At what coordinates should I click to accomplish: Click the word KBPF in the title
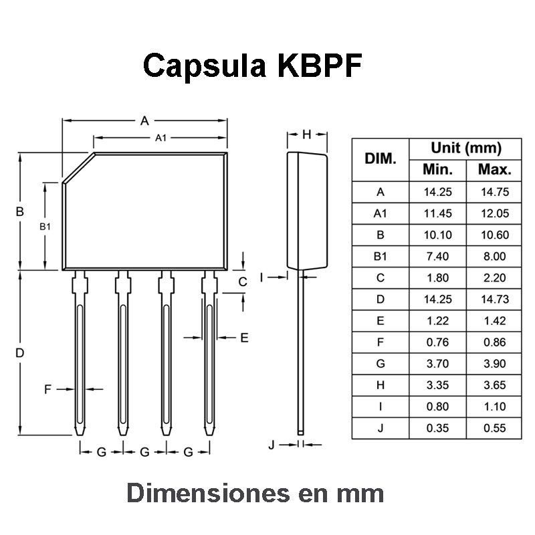tap(320, 65)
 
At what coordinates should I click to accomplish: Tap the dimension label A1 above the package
tap(160, 138)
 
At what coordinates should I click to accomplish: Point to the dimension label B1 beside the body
tap(45, 227)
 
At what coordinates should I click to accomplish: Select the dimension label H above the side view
tap(307, 134)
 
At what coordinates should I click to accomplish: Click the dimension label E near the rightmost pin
tap(244, 338)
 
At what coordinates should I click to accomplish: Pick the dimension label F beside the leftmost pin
tap(47, 389)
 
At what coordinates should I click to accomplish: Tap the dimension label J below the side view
tap(272, 445)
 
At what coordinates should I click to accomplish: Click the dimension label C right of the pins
tap(243, 282)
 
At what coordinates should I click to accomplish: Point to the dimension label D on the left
tap(20, 353)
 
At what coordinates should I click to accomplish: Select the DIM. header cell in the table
tap(381, 158)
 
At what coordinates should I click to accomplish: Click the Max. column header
tap(495, 170)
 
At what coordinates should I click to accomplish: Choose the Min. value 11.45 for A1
tap(438, 213)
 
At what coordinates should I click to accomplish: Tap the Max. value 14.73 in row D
tap(495, 299)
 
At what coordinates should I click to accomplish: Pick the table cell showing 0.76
tap(438, 342)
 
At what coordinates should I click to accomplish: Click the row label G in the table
tap(381, 364)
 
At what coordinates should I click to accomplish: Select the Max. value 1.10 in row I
tap(495, 407)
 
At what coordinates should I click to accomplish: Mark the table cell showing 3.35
tap(438, 385)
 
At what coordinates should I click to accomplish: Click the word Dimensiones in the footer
tap(209, 493)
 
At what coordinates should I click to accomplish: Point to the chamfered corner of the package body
tap(78, 168)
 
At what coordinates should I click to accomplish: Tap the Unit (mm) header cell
tap(466, 148)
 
